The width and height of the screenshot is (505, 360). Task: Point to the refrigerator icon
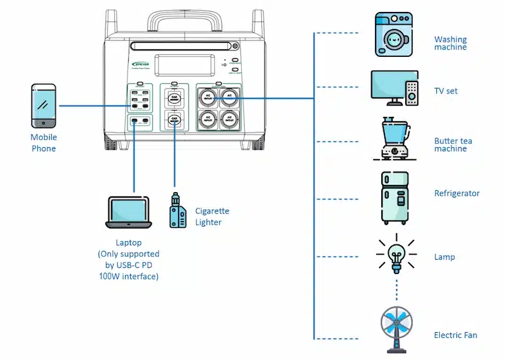coord(395,198)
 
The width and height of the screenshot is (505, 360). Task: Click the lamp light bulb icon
coord(396,253)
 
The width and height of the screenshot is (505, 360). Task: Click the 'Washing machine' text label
coord(450,44)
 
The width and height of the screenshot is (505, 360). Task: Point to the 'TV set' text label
coord(446,91)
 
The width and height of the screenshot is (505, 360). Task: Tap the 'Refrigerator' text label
coord(456,193)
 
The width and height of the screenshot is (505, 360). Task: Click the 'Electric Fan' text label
coord(455,335)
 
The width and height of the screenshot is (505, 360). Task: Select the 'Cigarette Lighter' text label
coord(212,217)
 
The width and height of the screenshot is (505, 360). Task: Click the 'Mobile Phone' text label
coord(44,143)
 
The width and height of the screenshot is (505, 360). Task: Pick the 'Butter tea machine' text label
coord(453,145)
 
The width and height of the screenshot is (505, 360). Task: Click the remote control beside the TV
coord(412,93)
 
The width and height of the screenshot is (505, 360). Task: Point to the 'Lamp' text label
coord(444,257)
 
